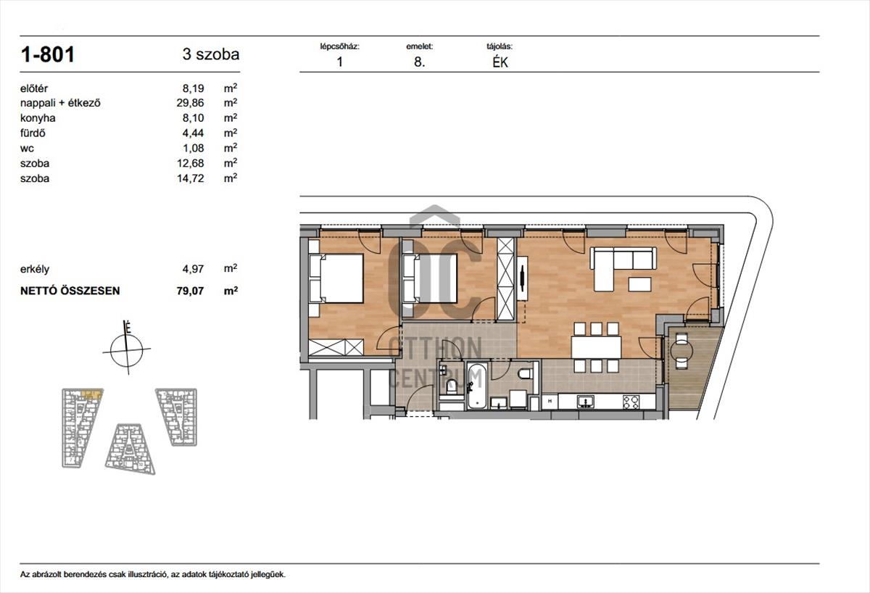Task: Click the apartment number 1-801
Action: tap(47, 54)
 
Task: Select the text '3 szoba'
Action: tap(211, 54)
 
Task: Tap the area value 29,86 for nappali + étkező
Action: tap(190, 103)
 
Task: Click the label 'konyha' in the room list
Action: tap(38, 118)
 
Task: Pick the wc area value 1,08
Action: tap(193, 148)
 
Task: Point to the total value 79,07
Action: tap(190, 291)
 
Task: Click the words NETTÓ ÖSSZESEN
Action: tap(70, 291)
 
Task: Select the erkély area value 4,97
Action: tap(193, 269)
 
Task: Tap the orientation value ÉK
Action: tap(500, 62)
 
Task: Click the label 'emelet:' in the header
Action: tap(420, 46)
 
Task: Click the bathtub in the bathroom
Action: tap(476, 386)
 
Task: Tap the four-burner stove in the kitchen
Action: tap(631, 402)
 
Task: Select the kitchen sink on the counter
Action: tap(585, 402)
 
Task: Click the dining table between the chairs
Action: tap(596, 347)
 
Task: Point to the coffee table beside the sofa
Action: tap(639, 284)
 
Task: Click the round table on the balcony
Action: tap(681, 351)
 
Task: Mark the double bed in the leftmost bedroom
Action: tap(336, 278)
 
